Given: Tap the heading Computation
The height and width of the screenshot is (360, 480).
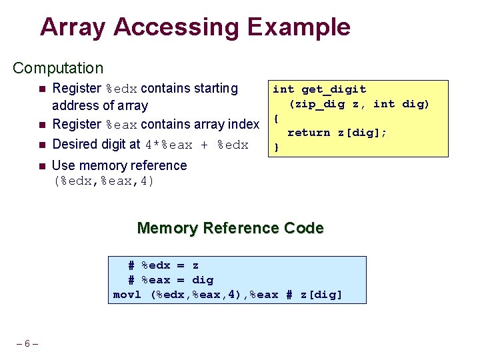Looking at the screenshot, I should [x=58, y=68].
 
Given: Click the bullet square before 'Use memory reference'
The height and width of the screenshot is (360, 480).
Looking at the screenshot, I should [x=41, y=165].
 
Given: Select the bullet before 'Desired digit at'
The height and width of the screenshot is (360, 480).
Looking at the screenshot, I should [x=41, y=145].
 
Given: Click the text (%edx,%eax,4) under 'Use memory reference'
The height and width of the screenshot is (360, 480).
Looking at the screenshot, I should [x=103, y=181].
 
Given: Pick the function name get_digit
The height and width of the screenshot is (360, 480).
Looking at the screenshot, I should [x=333, y=89].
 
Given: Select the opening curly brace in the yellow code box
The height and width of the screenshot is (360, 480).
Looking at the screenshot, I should [x=276, y=118].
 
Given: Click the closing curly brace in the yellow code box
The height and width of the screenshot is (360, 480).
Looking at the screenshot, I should [x=276, y=147].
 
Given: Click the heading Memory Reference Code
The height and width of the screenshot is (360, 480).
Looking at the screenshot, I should [x=230, y=228].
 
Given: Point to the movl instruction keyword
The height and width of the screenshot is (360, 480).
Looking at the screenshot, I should [x=127, y=295].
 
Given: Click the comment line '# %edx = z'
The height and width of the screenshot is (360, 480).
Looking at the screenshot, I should [x=163, y=265].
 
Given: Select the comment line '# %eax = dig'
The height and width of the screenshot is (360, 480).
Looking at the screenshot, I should [x=171, y=280].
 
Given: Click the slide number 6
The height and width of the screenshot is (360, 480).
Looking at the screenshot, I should [x=27, y=344].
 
